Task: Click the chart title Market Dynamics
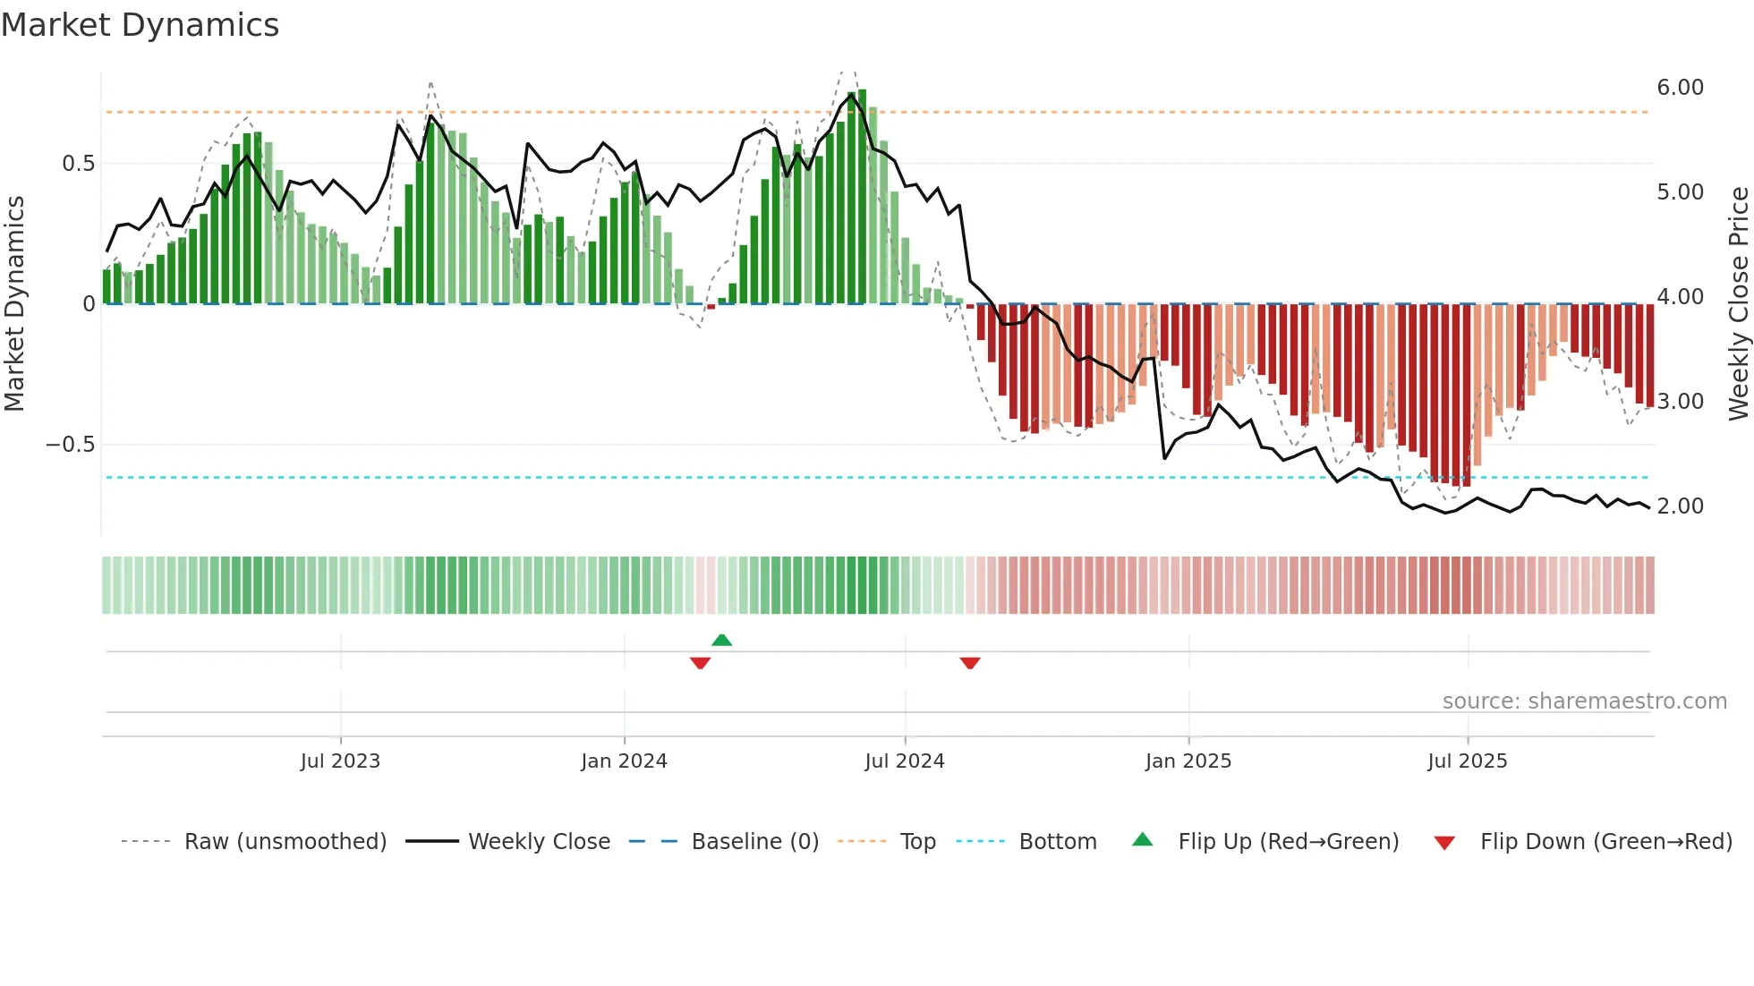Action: (140, 25)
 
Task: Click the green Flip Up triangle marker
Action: (721, 640)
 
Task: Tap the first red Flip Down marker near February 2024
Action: (700, 663)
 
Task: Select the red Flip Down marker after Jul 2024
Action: (970, 663)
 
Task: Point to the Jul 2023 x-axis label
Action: (340, 761)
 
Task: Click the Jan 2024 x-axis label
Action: (624, 761)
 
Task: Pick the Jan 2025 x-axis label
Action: (1188, 761)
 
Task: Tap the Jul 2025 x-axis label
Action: (1468, 761)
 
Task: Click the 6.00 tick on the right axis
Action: (1680, 88)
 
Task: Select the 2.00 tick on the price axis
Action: (1680, 506)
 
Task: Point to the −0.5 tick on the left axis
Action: (71, 445)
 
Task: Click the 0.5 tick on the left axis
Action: (78, 164)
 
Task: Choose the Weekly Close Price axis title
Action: (1738, 303)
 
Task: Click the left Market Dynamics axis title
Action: (14, 303)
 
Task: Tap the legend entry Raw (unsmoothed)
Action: (285, 842)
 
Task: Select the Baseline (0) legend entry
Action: (754, 842)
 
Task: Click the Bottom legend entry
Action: (1057, 842)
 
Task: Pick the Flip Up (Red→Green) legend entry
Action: (1288, 842)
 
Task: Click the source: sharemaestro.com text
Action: (1584, 701)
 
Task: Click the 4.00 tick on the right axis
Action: (1680, 297)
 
